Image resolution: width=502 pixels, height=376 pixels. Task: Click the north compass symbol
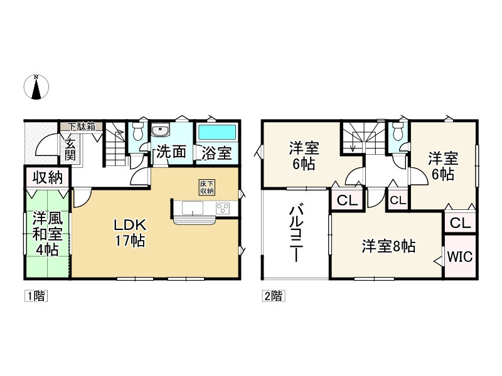[37, 87]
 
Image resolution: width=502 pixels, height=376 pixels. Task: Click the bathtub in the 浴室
[216, 133]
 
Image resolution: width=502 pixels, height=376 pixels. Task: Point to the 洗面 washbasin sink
[161, 131]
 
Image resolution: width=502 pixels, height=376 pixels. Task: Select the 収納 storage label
[48, 177]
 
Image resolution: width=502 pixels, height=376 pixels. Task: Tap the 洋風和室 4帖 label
[46, 234]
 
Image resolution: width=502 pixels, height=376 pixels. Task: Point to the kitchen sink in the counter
[192, 207]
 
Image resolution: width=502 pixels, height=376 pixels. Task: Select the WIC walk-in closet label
[460, 256]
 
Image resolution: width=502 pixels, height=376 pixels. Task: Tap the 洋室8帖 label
[388, 246]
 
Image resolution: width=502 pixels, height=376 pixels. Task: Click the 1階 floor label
[36, 296]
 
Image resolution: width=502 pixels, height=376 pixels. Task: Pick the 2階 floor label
[272, 296]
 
